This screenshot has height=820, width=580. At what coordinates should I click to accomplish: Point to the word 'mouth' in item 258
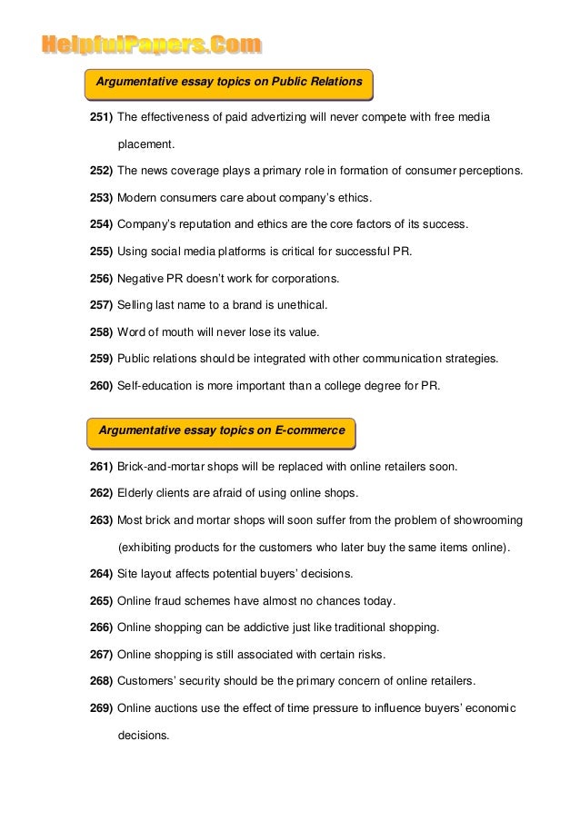(187, 331)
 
